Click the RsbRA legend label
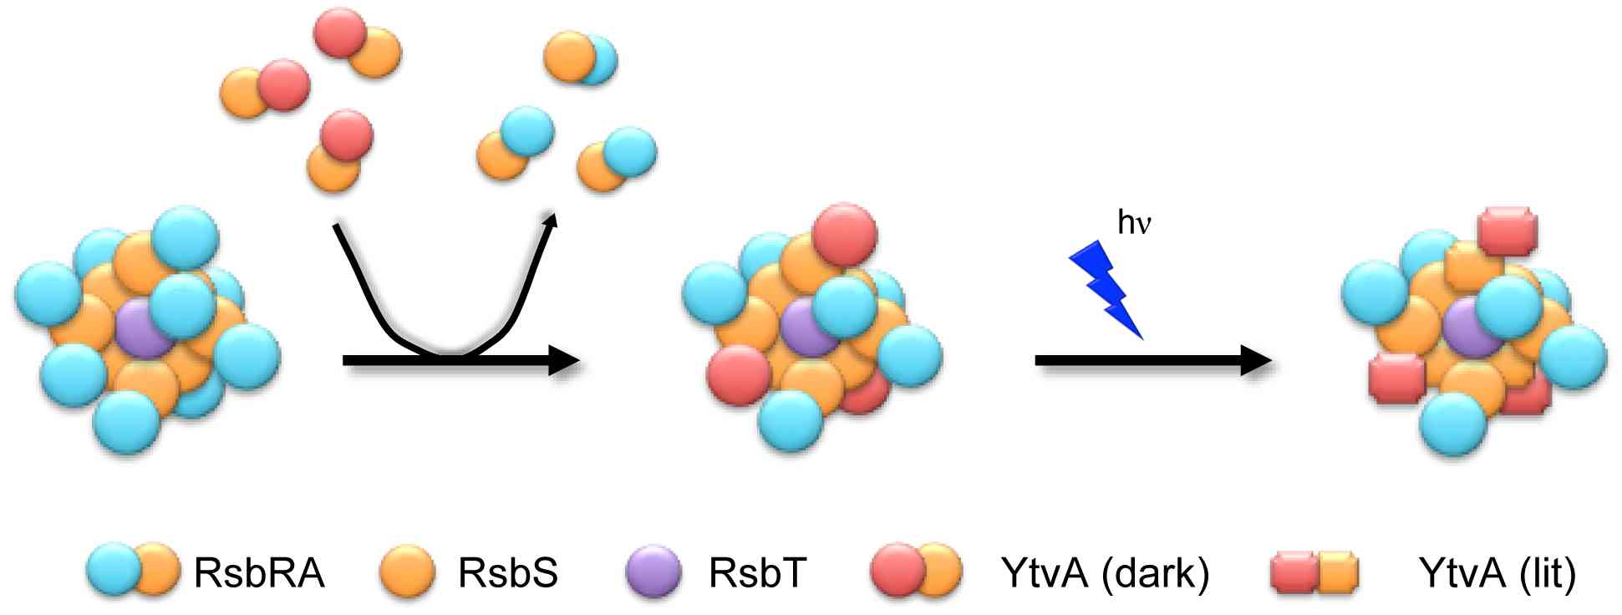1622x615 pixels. (x=259, y=573)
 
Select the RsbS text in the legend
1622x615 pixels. (x=507, y=573)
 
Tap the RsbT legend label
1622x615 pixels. (x=757, y=573)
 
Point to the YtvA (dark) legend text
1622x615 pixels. (x=1105, y=573)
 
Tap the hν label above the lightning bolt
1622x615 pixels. (x=1135, y=222)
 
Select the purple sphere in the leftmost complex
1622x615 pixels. (x=144, y=330)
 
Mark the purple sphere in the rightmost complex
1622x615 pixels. (x=1471, y=328)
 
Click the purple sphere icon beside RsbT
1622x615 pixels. (x=653, y=572)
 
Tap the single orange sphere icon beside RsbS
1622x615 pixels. (x=407, y=572)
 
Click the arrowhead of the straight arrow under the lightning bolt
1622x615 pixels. (x=1255, y=360)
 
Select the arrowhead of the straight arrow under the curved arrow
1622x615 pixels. (x=563, y=360)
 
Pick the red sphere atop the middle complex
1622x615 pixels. (x=844, y=234)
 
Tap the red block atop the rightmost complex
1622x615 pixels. (x=1508, y=231)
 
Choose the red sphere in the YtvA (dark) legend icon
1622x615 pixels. (x=897, y=571)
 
